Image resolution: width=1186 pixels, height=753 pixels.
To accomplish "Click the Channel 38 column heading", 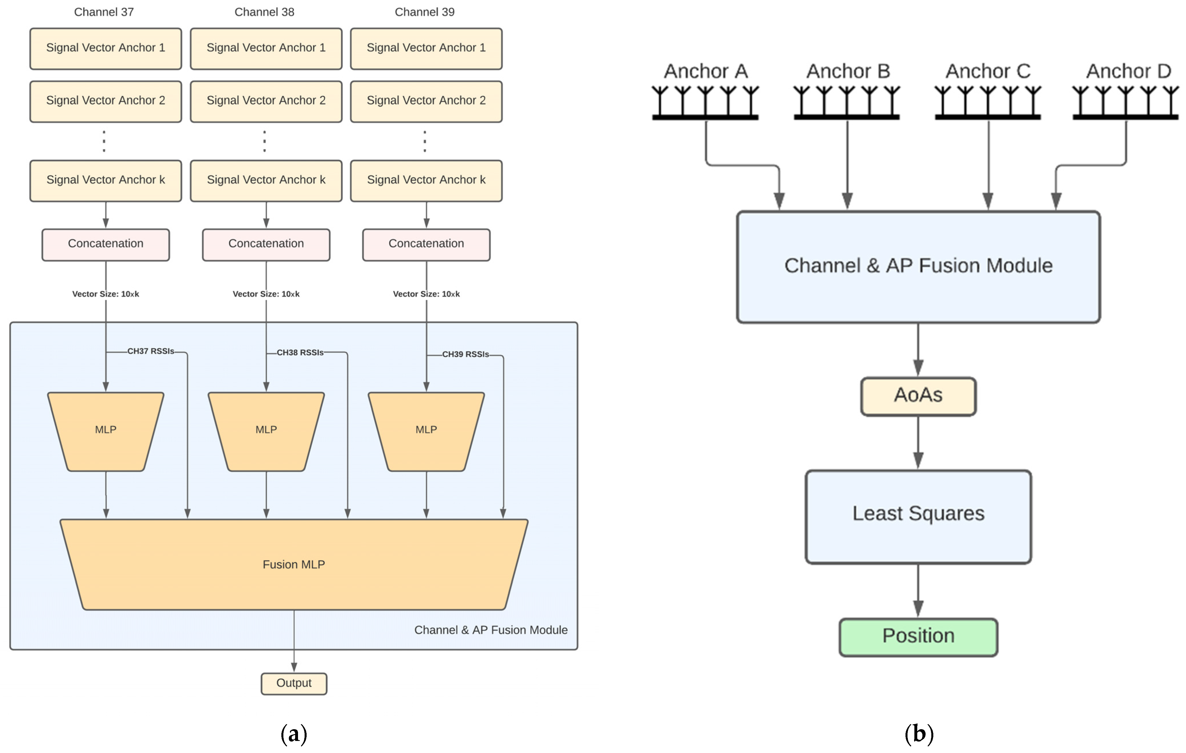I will (264, 12).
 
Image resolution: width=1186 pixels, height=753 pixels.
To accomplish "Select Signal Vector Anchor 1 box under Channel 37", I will (105, 48).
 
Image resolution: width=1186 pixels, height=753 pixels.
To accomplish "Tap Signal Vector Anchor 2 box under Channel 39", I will (426, 101).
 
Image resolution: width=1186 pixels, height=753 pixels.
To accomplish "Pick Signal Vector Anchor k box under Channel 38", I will (266, 180).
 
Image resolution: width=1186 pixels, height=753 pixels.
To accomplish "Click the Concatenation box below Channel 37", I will (105, 244).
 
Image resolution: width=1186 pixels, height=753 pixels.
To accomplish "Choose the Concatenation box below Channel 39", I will (426, 244).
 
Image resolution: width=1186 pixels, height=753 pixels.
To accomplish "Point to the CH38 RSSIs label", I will (300, 353).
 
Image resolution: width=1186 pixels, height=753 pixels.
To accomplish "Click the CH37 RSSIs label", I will (151, 351).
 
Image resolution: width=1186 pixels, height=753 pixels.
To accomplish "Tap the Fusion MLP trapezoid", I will (293, 564).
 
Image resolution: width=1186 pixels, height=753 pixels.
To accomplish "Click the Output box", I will (293, 684).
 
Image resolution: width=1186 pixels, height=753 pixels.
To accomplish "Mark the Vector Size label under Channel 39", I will (426, 294).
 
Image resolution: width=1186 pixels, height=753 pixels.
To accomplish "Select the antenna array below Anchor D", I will (1125, 102).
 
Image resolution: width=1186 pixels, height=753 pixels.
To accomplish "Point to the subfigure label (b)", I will (919, 734).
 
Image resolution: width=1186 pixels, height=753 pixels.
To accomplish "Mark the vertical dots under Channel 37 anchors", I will (104, 141).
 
